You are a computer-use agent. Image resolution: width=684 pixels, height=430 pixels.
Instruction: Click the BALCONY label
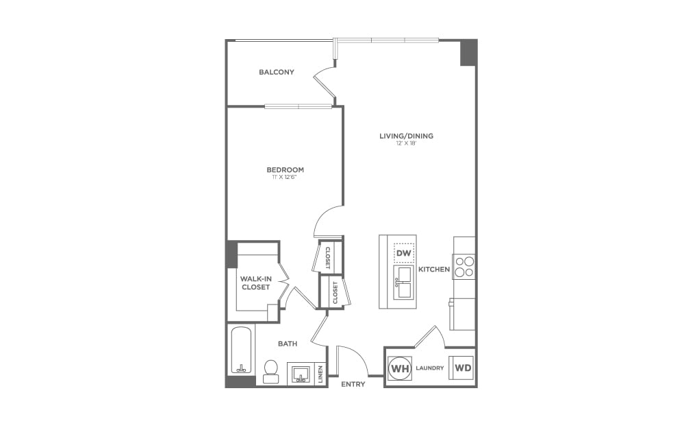tap(277, 72)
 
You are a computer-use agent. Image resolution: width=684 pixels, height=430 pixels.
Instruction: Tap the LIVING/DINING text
tap(406, 136)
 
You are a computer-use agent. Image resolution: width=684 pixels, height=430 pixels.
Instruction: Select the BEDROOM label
tap(285, 170)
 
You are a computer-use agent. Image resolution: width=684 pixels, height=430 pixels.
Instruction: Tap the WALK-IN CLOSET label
tap(255, 283)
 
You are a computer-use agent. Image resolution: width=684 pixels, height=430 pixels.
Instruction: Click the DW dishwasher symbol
tap(403, 254)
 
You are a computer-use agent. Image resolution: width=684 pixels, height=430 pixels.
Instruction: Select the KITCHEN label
tap(434, 270)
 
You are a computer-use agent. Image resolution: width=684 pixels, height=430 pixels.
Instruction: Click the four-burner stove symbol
tap(464, 266)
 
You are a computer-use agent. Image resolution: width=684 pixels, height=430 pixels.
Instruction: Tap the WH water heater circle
tap(400, 368)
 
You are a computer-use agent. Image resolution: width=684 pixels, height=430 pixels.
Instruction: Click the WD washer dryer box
tap(463, 368)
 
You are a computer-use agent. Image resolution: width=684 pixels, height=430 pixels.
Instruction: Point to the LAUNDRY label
tap(431, 368)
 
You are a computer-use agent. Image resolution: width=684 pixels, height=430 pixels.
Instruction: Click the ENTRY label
tap(353, 385)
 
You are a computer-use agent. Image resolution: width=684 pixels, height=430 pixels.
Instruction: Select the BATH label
tap(287, 344)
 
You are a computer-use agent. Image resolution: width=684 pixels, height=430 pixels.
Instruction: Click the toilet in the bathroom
tap(270, 371)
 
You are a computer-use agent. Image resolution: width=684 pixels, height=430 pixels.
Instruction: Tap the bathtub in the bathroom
tap(240, 350)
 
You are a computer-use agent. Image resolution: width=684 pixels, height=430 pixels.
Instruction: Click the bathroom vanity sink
tap(300, 374)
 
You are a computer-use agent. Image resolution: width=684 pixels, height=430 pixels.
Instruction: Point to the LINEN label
tap(320, 374)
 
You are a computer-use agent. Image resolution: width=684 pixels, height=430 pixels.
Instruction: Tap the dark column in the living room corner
tap(468, 53)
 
